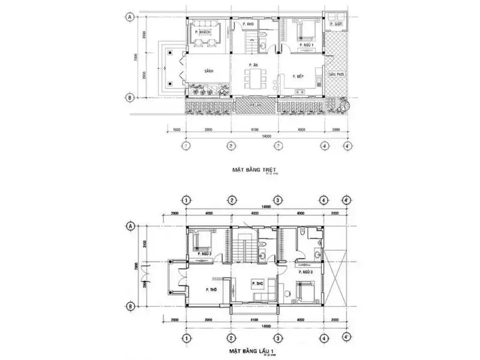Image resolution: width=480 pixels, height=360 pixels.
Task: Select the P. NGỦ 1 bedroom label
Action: click(x=307, y=44)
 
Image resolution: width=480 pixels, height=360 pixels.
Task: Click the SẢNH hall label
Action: click(x=209, y=71)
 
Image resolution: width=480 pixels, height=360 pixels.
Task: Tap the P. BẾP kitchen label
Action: click(x=297, y=77)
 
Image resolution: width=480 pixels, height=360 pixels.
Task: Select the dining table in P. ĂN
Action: click(x=255, y=79)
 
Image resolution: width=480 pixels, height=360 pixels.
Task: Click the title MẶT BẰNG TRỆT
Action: click(x=254, y=170)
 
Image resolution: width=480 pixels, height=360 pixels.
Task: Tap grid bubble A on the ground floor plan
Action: click(x=130, y=17)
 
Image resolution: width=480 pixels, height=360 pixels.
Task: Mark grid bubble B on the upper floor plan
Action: click(x=130, y=305)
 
